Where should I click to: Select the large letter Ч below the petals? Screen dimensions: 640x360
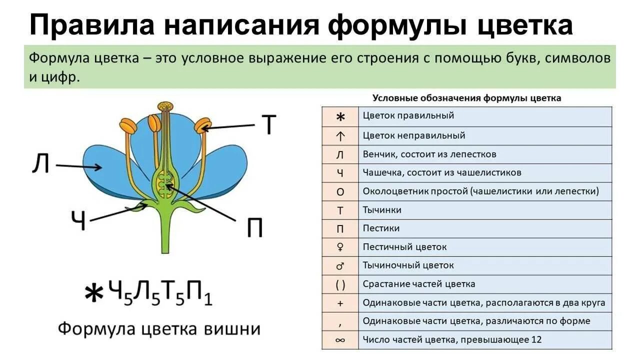(78, 221)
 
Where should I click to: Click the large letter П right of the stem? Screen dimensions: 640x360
(254, 228)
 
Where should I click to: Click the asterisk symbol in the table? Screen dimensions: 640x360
(340, 116)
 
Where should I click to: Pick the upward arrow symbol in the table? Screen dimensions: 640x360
(340, 135)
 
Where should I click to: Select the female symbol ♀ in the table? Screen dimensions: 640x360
(340, 247)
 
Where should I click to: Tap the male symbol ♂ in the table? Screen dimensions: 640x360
(340, 265)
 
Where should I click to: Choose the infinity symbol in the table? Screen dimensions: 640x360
(340, 340)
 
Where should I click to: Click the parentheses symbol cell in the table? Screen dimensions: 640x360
(340, 284)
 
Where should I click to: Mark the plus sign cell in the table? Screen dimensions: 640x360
(340, 303)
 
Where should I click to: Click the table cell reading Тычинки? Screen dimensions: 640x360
(382, 210)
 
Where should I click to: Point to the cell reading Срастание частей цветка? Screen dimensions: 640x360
(419, 284)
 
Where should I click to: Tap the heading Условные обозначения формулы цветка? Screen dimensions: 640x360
(467, 98)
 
